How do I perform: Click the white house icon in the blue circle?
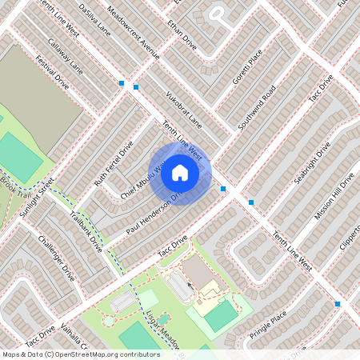(x=180, y=172)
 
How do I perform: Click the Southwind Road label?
(x=257, y=109)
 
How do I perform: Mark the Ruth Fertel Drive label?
(x=114, y=164)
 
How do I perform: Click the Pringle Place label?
(x=267, y=326)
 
